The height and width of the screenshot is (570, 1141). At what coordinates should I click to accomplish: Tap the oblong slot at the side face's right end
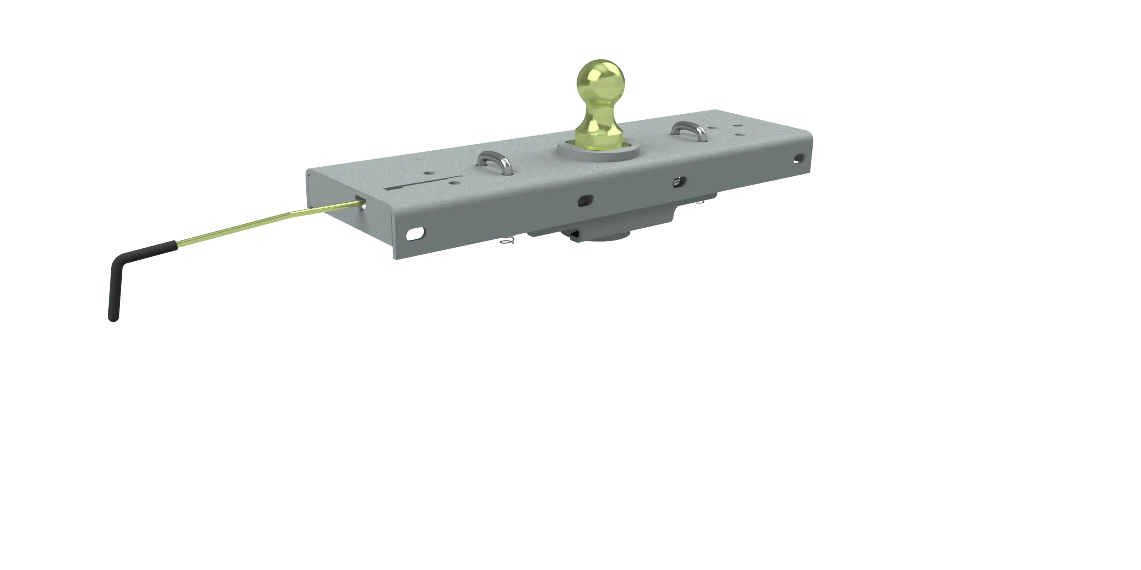point(799,157)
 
